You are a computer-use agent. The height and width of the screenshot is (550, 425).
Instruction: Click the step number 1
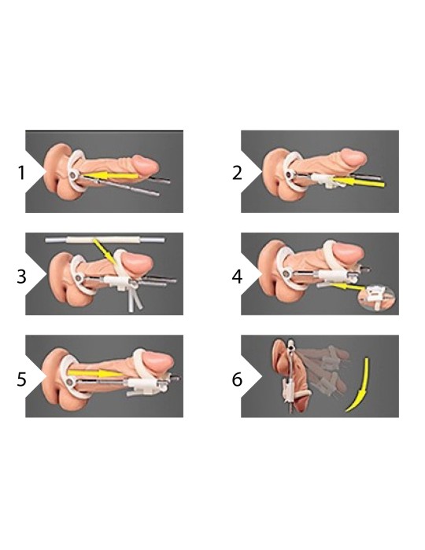[21, 173]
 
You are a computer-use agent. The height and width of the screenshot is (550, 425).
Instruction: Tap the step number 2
[238, 173]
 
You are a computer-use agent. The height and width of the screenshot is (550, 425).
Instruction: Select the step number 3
[21, 276]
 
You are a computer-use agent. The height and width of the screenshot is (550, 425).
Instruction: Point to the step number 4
[237, 276]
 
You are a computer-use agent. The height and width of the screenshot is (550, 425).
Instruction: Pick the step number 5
[21, 379]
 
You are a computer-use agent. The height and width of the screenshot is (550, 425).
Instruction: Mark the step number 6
[238, 379]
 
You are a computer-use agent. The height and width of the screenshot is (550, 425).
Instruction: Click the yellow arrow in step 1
[111, 175]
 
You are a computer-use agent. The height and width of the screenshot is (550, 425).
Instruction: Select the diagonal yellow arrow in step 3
[105, 251]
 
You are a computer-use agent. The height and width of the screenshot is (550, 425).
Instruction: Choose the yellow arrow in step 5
[94, 373]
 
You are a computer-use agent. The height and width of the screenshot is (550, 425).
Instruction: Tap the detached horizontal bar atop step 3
[105, 240]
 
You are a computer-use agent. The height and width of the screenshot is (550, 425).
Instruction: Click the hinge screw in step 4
[288, 272]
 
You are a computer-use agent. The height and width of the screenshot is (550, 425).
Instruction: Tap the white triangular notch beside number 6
[250, 376]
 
